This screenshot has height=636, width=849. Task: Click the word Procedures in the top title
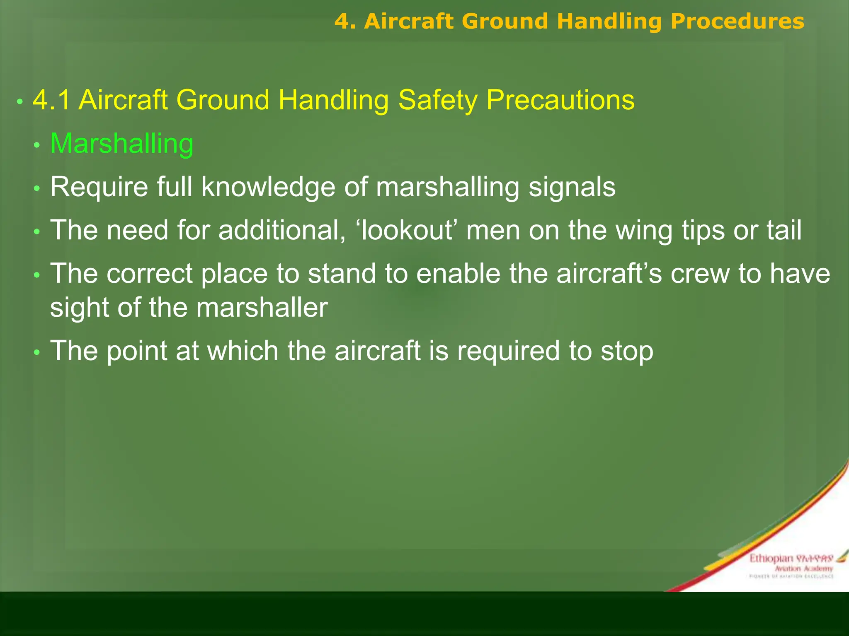(x=737, y=22)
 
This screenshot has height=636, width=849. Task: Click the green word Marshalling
(x=121, y=144)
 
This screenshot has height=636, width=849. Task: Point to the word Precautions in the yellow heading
(x=560, y=100)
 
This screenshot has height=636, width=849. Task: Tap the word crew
(x=700, y=274)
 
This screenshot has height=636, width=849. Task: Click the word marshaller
(x=262, y=308)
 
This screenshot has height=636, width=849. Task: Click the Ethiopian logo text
(x=771, y=559)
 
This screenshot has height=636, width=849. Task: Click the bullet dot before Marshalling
(x=37, y=145)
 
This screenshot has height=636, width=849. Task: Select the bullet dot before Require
(x=37, y=189)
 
